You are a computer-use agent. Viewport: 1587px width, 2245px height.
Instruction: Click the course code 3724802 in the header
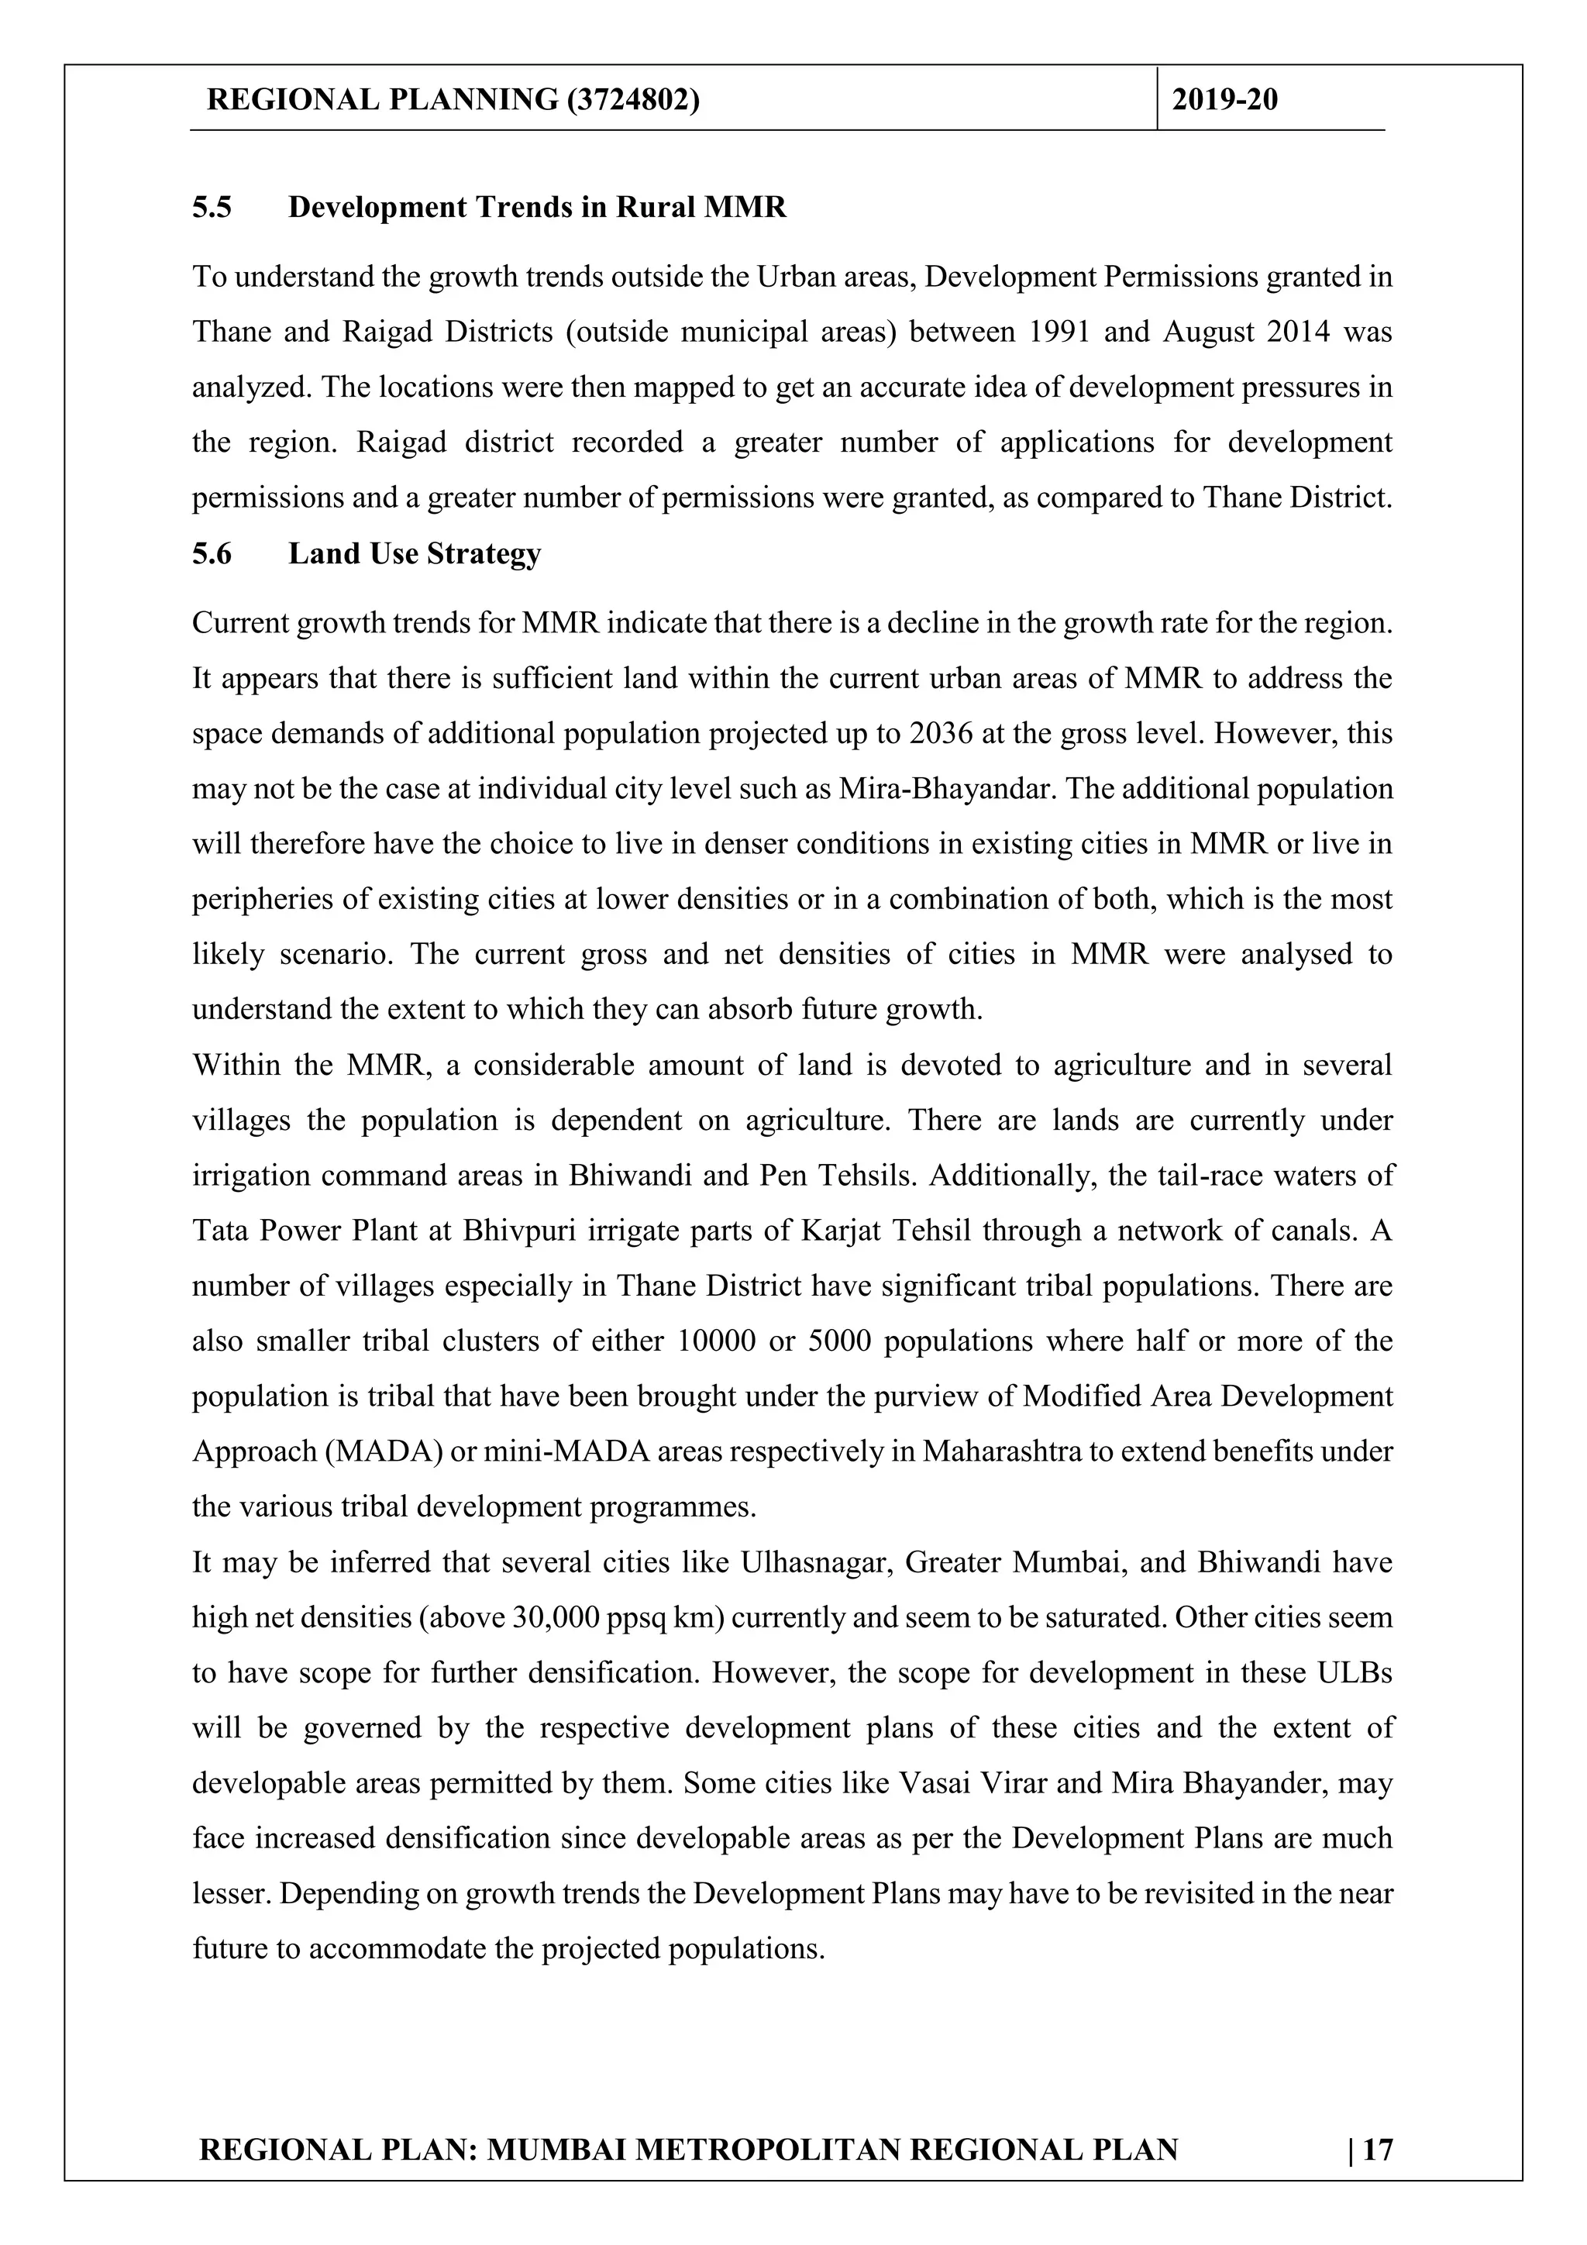[632, 100]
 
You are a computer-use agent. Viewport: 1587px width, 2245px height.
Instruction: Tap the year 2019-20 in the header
[1224, 100]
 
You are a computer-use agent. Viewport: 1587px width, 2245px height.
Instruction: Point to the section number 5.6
[212, 553]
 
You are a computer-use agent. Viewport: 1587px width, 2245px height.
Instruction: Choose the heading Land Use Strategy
[415, 553]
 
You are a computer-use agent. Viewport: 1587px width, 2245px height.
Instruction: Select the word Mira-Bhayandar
[946, 789]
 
